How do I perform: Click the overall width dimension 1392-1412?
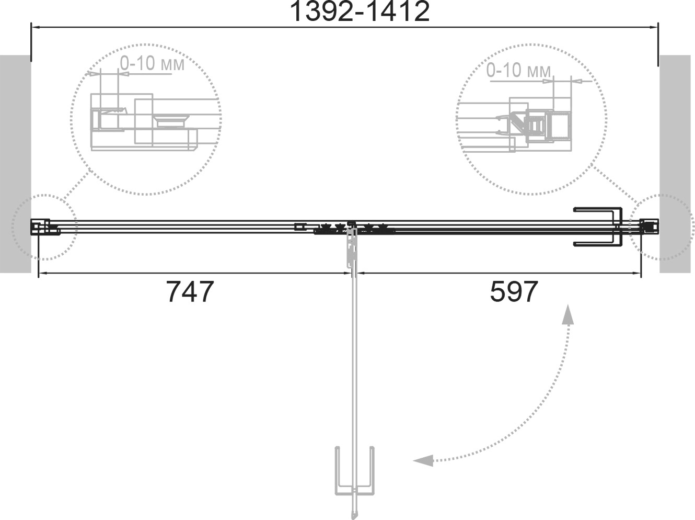[x=360, y=12]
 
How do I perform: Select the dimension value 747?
[x=190, y=292]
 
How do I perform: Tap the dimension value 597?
[x=514, y=292]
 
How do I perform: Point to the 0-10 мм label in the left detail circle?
[x=152, y=64]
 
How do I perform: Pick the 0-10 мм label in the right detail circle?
[x=518, y=70]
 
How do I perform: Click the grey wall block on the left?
[x=15, y=164]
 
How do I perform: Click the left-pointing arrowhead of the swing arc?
[x=423, y=460]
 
